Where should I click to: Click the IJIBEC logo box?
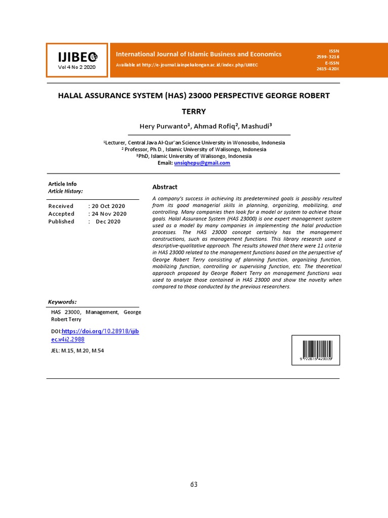(77, 60)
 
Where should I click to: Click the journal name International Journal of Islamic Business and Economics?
(199, 54)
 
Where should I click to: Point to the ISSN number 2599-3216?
(328, 57)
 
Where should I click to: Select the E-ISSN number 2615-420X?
(328, 68)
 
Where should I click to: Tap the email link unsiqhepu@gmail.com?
(202, 163)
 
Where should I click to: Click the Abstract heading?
(165, 187)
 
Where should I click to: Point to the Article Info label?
(62, 184)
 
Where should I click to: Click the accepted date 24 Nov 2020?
(109, 213)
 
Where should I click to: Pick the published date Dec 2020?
(108, 221)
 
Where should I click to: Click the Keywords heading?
(62, 301)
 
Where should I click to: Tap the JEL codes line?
(77, 351)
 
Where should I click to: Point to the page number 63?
(194, 484)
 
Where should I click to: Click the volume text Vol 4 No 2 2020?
(76, 67)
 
